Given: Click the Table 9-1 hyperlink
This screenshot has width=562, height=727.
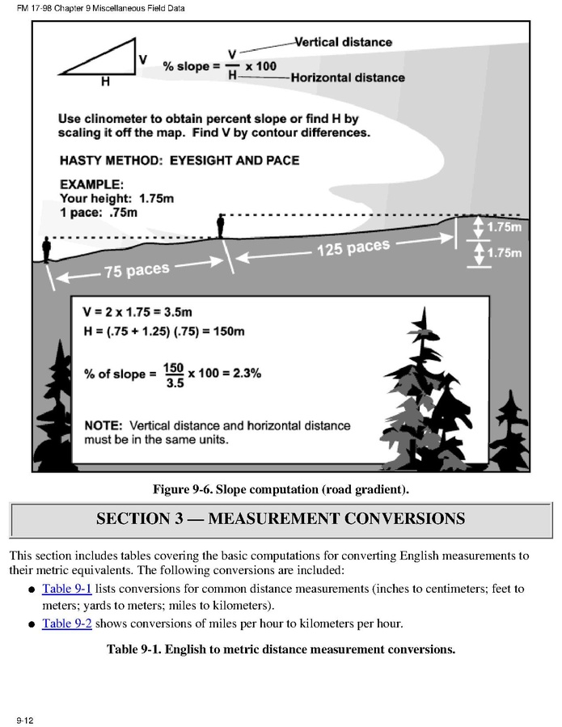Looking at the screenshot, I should (x=66, y=589).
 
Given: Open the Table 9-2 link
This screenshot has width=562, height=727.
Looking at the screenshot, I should (x=66, y=623).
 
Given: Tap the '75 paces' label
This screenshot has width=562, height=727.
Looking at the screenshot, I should (x=137, y=270).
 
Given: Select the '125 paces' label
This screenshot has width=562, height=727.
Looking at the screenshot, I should (x=353, y=247).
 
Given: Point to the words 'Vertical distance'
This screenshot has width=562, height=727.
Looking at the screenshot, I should (x=343, y=42).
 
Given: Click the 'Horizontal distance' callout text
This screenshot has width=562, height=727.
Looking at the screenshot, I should (x=348, y=78).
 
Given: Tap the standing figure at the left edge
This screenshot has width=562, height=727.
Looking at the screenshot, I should (x=46, y=249).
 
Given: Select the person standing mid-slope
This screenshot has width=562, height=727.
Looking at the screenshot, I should (x=220, y=226).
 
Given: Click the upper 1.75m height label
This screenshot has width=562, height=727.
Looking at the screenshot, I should (x=503, y=227).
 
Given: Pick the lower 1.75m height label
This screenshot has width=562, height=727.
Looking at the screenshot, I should (x=503, y=253).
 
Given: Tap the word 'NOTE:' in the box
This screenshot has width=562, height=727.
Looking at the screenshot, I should (x=103, y=425).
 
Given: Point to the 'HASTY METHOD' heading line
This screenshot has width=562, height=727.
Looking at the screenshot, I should (x=179, y=160).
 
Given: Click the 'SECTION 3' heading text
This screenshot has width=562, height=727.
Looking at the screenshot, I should (x=280, y=518).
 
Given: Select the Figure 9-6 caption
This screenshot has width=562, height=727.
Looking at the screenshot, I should (x=281, y=488).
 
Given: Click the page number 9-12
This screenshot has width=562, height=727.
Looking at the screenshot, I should (x=24, y=719).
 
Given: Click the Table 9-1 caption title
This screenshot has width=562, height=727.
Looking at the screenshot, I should (x=281, y=649).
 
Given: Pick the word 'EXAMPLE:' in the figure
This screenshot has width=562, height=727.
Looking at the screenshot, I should (x=91, y=184).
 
